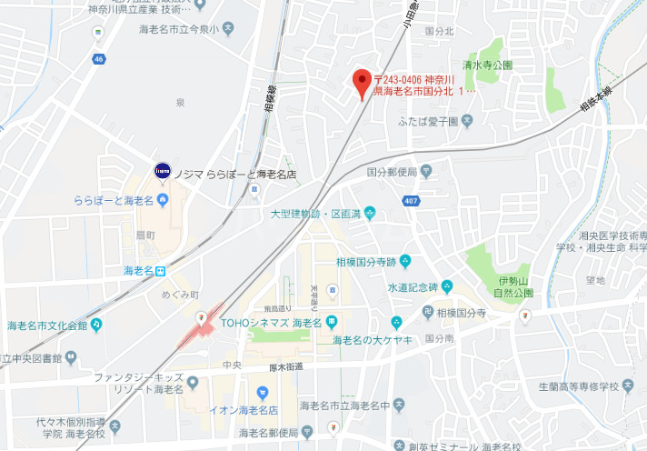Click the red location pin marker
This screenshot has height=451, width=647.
tap(362, 83)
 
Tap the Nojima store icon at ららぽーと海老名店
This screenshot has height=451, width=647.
tap(163, 170)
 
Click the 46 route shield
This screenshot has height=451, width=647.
tap(97, 58)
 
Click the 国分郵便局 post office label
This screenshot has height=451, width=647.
tap(392, 172)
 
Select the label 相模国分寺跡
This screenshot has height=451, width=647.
tap(366, 262)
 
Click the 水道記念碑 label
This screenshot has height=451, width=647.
tap(413, 286)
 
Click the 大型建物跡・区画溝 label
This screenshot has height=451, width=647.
tap(316, 214)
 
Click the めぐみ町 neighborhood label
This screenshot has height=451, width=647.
tap(179, 295)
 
